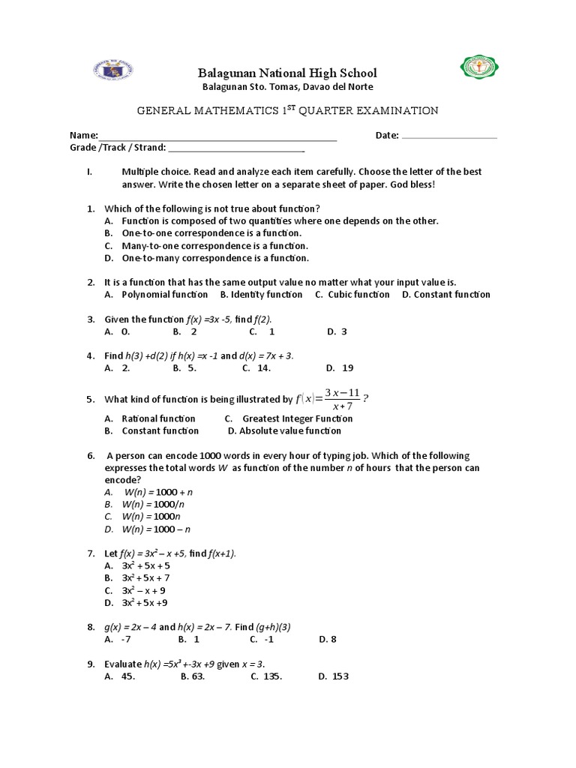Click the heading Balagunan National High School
point(286,73)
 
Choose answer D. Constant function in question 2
point(445,295)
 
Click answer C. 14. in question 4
point(256,368)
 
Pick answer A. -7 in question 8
point(118,640)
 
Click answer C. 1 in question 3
point(262,331)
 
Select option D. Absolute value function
point(284,430)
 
